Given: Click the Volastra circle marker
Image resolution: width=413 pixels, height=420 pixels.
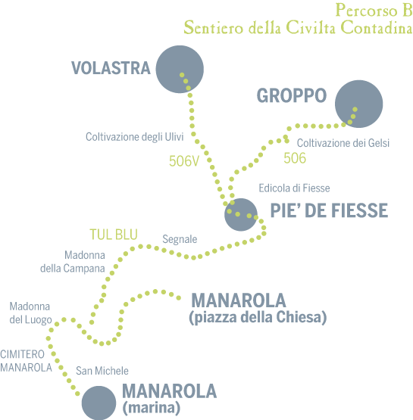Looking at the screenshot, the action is click(180, 70).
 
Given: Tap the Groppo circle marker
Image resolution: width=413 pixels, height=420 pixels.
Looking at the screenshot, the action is click(359, 104).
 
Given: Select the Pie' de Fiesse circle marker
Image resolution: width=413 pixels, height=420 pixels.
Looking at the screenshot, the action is click(241, 215).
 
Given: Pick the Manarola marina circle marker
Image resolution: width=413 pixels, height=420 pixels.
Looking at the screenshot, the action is click(99, 403).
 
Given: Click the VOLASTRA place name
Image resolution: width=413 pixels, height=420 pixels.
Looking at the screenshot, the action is click(111, 68).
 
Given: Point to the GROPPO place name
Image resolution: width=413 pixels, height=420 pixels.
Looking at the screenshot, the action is click(292, 95).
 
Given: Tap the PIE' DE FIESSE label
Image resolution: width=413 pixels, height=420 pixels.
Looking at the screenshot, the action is click(329, 210).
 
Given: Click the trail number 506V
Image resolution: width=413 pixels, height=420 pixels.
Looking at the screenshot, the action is click(184, 161).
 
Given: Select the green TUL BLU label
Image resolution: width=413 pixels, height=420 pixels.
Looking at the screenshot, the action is click(114, 235).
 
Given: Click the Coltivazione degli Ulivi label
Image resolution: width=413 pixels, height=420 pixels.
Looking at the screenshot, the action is click(135, 137).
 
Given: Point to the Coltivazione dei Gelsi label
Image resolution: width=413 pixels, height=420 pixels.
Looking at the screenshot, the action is click(343, 143).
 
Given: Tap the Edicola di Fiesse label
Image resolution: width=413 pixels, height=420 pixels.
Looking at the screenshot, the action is click(294, 188).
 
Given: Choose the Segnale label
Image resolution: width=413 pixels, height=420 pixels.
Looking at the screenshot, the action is click(180, 239).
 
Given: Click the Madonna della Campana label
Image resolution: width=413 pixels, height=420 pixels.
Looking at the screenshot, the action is click(73, 262).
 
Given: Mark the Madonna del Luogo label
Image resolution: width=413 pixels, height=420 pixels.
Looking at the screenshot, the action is click(30, 313).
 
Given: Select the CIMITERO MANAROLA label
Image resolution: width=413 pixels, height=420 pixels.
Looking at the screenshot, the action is click(26, 361).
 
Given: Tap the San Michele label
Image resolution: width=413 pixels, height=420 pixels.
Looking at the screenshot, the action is click(102, 371).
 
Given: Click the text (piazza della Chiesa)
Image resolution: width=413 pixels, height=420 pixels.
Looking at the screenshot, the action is click(258, 317).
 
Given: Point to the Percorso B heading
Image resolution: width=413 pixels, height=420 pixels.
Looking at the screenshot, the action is click(374, 10).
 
